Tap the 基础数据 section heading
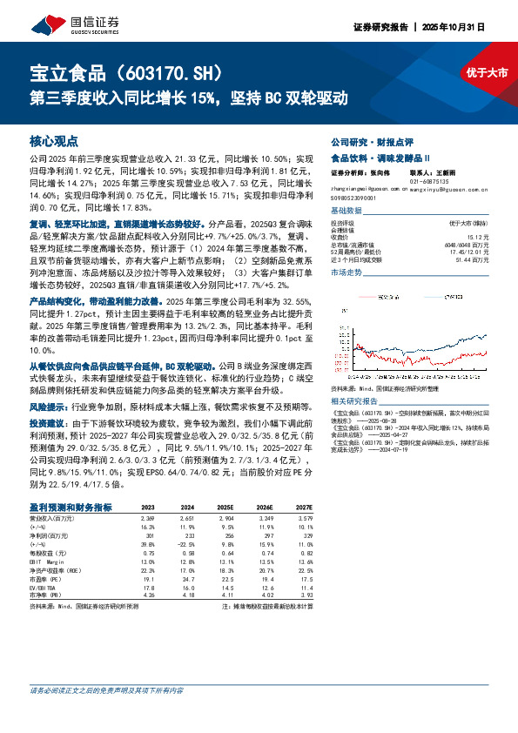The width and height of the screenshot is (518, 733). point(348,212)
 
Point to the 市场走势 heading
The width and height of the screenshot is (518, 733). point(348,273)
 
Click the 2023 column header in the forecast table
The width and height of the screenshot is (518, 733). point(148,506)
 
